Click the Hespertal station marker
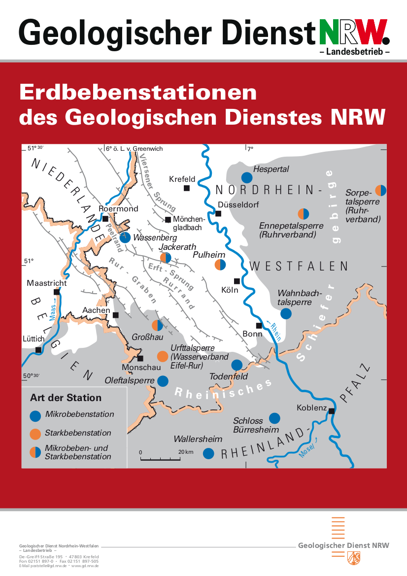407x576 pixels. click(x=247, y=178)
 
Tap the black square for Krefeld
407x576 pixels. click(x=187, y=188)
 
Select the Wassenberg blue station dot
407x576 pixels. click(x=125, y=238)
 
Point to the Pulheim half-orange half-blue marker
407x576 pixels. click(x=220, y=265)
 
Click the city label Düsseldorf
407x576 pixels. click(x=238, y=205)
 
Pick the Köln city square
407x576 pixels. click(x=237, y=281)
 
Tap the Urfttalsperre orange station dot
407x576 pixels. click(x=162, y=356)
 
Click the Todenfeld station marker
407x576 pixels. click(x=237, y=365)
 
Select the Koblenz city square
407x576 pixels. click(x=332, y=411)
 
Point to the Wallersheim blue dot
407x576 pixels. click(x=208, y=453)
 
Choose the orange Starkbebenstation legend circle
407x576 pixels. click(x=35, y=434)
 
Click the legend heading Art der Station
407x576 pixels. click(x=66, y=398)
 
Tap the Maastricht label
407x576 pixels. click(x=47, y=283)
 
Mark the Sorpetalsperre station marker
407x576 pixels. click(x=381, y=190)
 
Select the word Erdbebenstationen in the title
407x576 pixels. click(x=138, y=93)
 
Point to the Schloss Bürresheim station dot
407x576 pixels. click(x=274, y=418)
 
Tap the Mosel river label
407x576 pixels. click(x=306, y=452)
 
